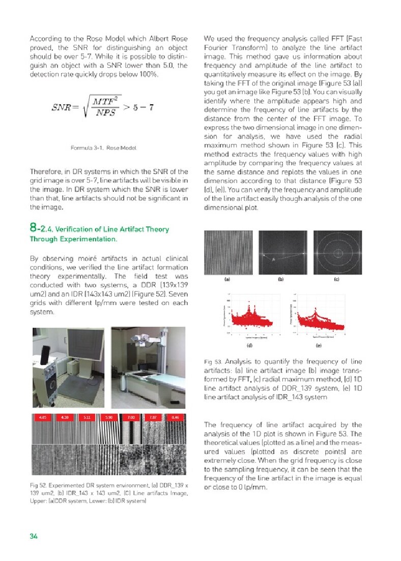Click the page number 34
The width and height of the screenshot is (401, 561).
(x=34, y=536)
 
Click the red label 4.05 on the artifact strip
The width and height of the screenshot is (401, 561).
(x=43, y=418)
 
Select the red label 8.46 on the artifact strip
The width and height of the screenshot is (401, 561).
(x=176, y=418)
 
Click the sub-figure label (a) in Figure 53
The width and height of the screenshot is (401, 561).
(x=227, y=279)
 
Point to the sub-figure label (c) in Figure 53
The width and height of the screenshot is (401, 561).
(x=336, y=279)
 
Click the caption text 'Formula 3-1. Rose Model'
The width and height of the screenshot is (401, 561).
(x=104, y=149)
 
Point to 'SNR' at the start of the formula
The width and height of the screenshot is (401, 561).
(x=62, y=108)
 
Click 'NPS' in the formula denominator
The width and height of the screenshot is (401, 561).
(x=105, y=113)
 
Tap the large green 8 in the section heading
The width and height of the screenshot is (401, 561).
(x=33, y=229)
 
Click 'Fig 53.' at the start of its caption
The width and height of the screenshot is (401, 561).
(x=211, y=362)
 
